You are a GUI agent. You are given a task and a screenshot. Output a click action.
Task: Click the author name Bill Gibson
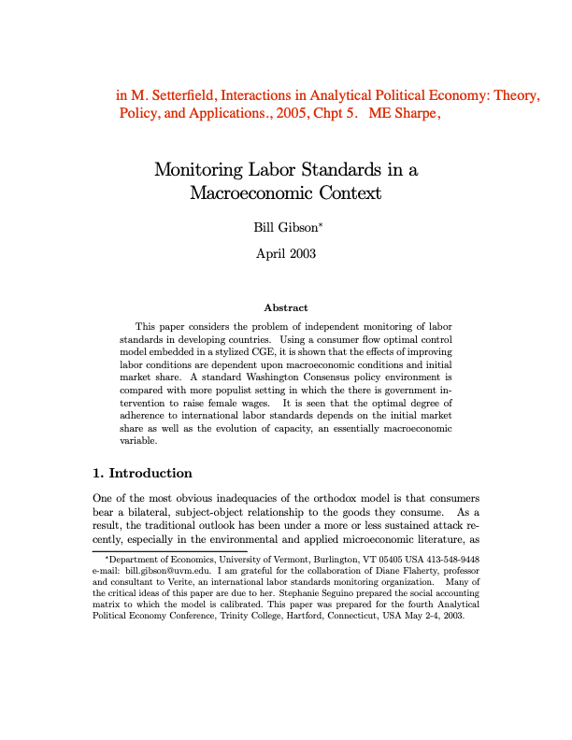(x=285, y=227)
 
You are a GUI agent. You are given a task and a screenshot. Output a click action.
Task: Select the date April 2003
(x=286, y=253)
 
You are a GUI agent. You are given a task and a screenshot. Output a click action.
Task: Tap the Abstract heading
(x=286, y=307)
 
